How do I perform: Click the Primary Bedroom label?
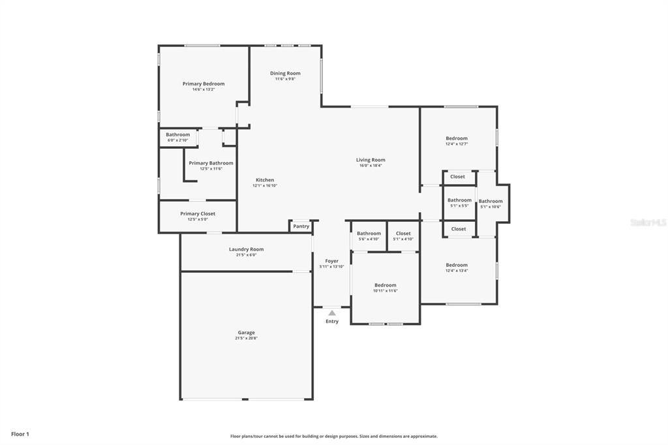(x=204, y=84)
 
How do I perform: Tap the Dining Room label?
(x=285, y=73)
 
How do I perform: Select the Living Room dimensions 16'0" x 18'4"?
(x=371, y=166)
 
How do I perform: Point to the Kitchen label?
(x=265, y=180)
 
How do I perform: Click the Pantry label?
(x=301, y=226)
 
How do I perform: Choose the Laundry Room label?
(x=246, y=249)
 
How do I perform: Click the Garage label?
(x=246, y=333)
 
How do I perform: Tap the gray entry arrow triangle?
(x=332, y=313)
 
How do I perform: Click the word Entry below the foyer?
(x=332, y=321)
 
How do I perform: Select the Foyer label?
(x=332, y=261)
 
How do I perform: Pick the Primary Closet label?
(x=198, y=213)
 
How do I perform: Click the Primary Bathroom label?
(x=211, y=163)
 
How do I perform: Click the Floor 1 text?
(x=20, y=434)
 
